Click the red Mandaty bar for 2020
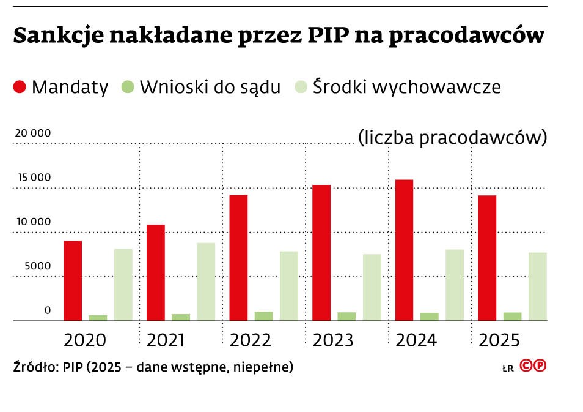coord(73,280)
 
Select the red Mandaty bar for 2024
coord(404,250)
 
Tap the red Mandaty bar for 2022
coord(238,258)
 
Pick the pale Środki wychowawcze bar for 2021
coord(206,282)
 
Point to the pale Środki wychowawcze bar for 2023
coord(372,287)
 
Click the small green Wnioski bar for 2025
coord(512,316)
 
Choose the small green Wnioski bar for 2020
coord(98,318)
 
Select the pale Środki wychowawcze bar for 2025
coord(537,287)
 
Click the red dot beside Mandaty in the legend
coord(20,87)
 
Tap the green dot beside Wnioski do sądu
coord(128,87)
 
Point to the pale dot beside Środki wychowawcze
coord(301,87)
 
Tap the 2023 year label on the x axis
coord(333,340)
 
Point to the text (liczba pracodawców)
coord(452,137)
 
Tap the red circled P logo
coord(540,366)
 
